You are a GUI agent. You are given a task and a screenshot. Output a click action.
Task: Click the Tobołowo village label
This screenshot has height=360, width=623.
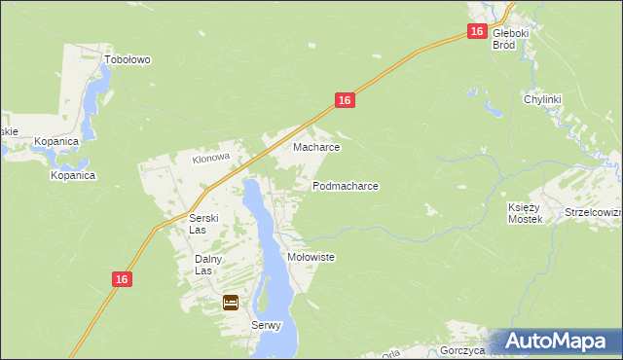(128, 59)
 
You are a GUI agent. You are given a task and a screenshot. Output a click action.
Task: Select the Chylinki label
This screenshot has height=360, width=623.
(543, 99)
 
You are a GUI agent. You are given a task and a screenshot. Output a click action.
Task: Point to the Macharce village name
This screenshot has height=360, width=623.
(316, 148)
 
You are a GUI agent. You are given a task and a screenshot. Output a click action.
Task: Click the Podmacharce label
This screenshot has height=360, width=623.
(345, 185)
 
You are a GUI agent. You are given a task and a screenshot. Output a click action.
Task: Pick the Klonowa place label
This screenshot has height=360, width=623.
(209, 157)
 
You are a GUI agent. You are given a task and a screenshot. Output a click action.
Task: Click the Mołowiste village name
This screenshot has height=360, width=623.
(311, 257)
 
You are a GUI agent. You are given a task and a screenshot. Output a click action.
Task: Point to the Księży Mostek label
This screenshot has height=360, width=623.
(524, 213)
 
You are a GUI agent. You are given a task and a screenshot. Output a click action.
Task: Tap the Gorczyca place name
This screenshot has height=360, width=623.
(462, 350)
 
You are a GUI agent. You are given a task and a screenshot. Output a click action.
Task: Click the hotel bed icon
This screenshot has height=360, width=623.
(231, 303)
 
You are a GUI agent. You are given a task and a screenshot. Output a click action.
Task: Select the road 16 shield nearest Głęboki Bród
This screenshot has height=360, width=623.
(476, 31)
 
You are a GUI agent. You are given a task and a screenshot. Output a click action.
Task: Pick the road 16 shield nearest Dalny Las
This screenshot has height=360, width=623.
(121, 279)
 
